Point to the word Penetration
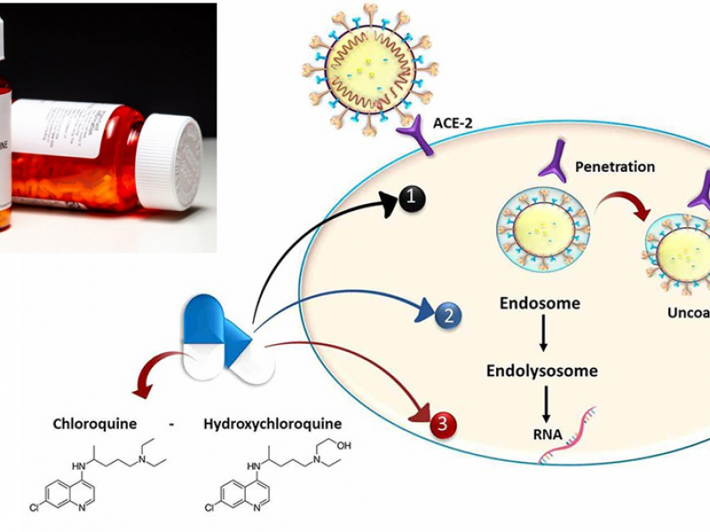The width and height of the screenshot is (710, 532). pos(615,166)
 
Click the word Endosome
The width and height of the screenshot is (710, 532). pos(540,303)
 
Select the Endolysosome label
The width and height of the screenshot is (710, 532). pos(541,370)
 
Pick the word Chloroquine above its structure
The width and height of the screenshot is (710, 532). pos(95,424)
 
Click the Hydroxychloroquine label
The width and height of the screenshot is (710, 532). pos(272,424)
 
